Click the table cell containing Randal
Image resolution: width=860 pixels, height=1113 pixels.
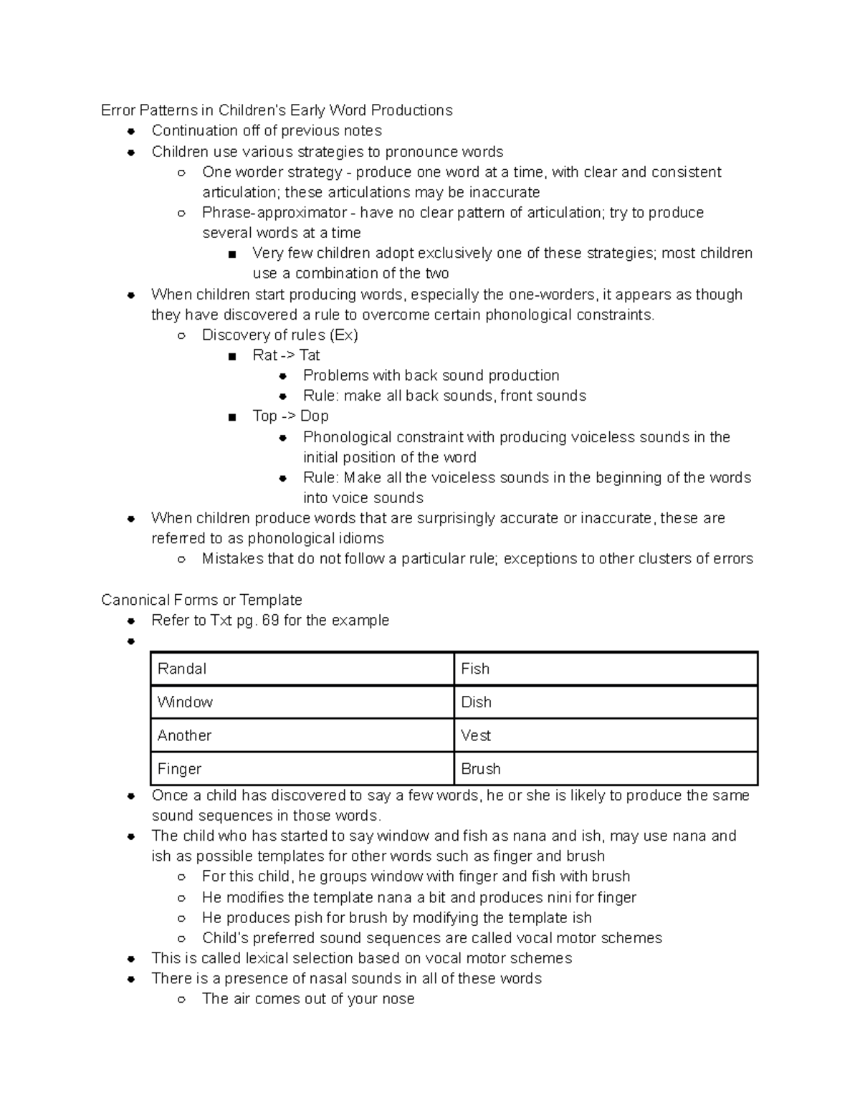302,669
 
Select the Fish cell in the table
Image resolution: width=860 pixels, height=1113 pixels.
606,669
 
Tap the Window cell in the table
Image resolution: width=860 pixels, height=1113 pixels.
302,702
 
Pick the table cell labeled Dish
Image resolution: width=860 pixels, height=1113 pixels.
606,702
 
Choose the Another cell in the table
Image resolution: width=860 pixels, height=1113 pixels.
302,735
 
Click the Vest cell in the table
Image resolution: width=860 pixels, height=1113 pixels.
606,735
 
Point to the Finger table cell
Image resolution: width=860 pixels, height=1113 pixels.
302,769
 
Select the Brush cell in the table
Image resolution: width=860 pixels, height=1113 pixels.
606,769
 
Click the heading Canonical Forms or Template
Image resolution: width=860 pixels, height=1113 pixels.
201,600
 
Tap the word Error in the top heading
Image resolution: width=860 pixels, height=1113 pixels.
118,110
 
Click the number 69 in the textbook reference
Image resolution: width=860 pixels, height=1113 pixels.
270,621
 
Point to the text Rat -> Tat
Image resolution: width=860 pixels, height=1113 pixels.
286,355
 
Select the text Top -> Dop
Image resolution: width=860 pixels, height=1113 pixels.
290,416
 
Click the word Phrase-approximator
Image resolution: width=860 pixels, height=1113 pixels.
274,213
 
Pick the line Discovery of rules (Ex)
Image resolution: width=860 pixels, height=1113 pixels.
279,335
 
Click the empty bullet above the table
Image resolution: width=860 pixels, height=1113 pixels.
130,642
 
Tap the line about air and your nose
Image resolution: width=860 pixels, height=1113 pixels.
308,999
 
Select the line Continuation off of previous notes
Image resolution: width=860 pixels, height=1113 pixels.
266,131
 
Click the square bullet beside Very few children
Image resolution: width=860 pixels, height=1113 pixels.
231,254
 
